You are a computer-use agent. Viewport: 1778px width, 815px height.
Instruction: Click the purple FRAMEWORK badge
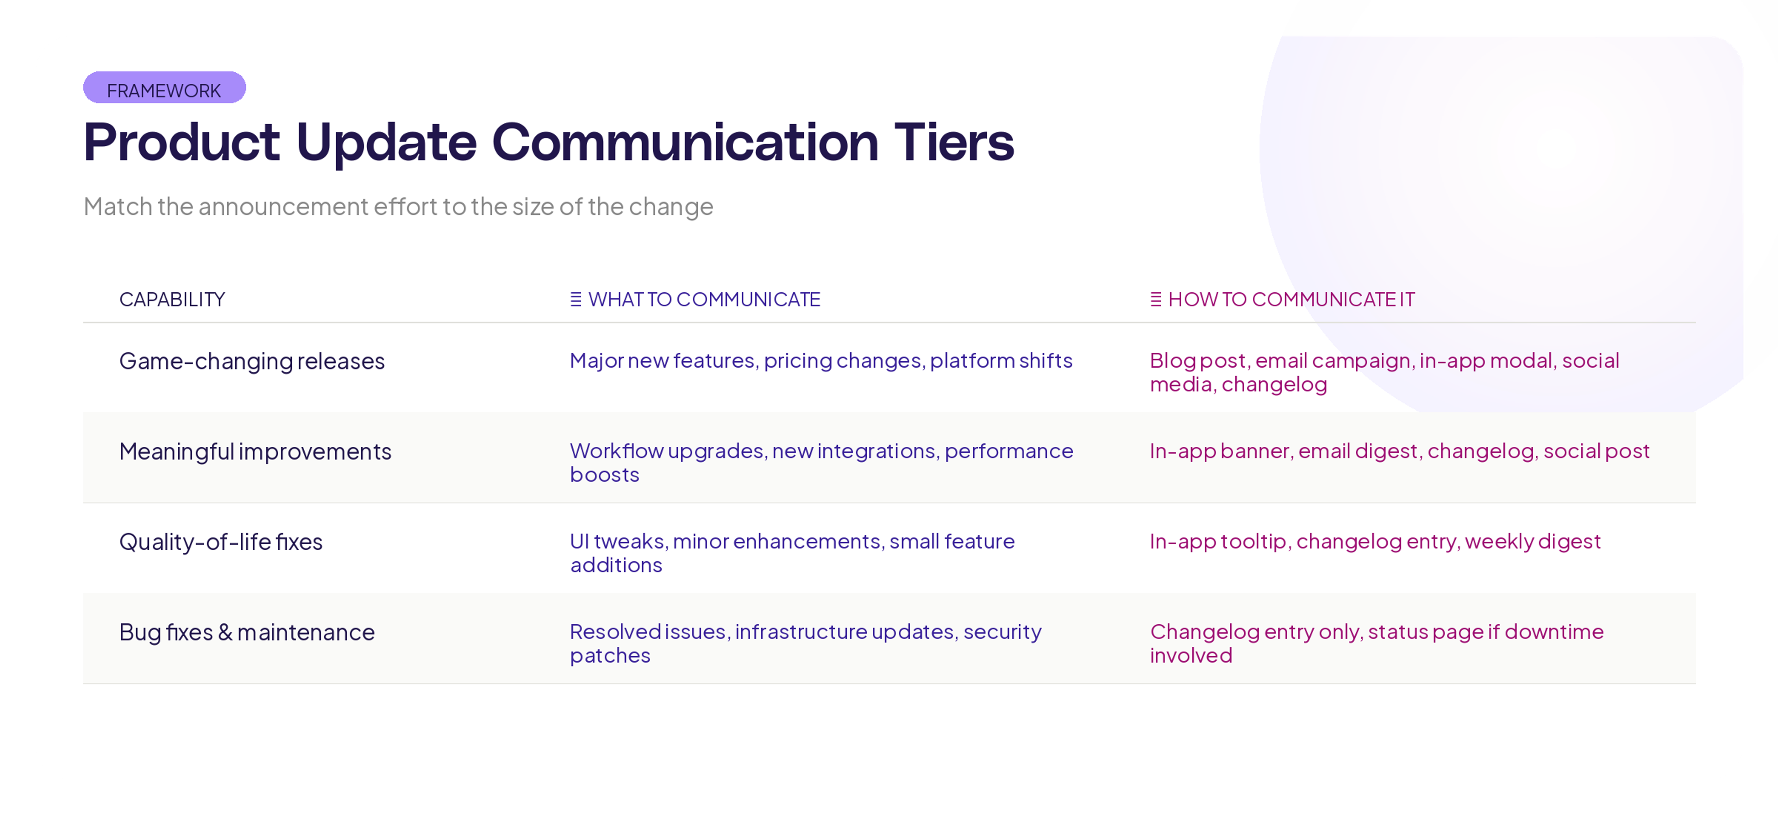pos(164,88)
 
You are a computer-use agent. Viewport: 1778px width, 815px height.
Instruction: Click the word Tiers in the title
pos(954,142)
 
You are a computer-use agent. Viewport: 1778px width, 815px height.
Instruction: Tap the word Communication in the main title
pos(685,142)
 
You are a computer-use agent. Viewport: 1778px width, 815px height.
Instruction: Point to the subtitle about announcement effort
pos(398,207)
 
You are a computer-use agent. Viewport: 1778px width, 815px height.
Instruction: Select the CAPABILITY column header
pos(172,300)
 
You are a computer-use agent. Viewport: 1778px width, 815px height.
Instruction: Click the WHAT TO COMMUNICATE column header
pos(704,300)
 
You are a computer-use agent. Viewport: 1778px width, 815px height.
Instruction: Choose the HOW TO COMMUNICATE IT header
pos(1291,300)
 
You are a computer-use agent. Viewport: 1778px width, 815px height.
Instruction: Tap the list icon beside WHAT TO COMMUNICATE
pos(576,300)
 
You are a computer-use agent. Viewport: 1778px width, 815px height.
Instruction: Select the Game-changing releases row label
pos(252,361)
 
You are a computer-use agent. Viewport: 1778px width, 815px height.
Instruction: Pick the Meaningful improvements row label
pos(256,451)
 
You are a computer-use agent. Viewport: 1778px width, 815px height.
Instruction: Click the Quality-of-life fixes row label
pos(221,542)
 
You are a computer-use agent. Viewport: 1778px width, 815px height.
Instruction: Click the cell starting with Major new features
pos(820,361)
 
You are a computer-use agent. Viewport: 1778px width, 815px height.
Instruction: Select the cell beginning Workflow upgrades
pos(820,462)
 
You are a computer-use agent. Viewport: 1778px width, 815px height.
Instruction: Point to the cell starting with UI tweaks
pos(792,553)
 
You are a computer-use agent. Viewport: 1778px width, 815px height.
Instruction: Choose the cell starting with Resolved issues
pos(805,643)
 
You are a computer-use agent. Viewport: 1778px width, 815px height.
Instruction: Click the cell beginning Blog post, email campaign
pos(1384,372)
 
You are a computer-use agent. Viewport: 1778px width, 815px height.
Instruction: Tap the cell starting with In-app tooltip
pos(1374,542)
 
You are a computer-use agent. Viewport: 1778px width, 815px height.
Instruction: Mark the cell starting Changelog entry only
pos(1376,643)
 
